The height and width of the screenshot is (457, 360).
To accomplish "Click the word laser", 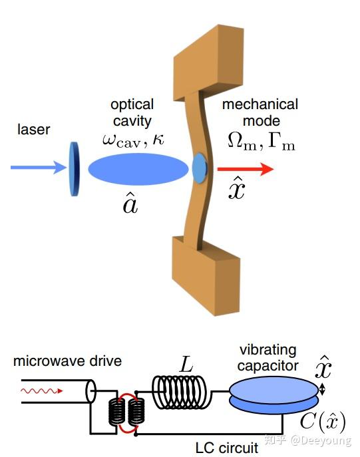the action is point(33,130).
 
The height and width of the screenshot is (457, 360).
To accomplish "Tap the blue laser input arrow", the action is point(39,167).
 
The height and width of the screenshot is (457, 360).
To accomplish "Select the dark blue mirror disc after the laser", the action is point(75,169).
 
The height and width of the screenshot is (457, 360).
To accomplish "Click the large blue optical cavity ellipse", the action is point(138,169).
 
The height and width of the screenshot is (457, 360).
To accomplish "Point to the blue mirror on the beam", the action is point(200,168).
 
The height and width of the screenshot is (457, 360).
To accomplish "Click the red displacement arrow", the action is point(246,169).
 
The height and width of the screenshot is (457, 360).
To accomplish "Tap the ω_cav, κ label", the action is point(133,140).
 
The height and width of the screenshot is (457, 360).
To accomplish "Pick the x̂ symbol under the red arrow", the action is point(237,188).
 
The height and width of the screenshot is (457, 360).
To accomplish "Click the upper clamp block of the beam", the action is point(209,63).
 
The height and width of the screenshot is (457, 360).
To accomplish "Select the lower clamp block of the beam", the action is point(206,275).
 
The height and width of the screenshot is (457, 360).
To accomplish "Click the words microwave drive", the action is point(67,361).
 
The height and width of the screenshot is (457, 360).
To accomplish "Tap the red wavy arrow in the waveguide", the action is point(42,391).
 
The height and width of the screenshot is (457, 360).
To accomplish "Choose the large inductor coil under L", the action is point(179,392).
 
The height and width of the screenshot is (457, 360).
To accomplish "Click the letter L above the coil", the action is point(186,364).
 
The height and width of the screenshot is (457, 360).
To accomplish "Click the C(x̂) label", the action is point(323,422).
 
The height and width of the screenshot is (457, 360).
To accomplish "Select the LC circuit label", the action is point(227,448).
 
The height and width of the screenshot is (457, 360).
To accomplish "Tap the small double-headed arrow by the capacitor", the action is point(322,389).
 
